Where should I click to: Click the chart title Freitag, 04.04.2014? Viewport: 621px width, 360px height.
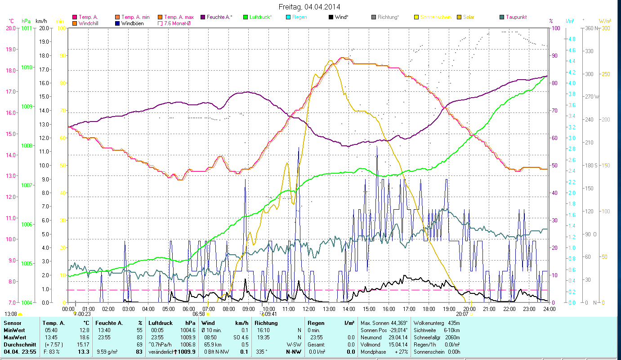pyautogui.click(x=309, y=7)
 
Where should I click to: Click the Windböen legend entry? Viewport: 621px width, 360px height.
pyautogui.click(x=133, y=23)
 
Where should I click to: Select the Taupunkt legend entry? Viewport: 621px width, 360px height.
pyautogui.click(x=516, y=17)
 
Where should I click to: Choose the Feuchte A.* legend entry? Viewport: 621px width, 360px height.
pyautogui.click(x=219, y=17)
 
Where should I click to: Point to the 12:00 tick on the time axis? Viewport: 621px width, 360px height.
pyautogui.click(x=309, y=309)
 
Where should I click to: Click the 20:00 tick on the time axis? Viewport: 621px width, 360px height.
pyautogui.click(x=469, y=309)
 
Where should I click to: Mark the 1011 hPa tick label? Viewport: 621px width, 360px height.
pyautogui.click(x=27, y=28)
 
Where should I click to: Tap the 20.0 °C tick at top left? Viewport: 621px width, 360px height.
pyautogui.click(x=10, y=28)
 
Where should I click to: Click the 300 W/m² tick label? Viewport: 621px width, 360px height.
pyautogui.click(x=605, y=28)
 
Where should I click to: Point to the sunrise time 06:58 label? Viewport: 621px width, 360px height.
pyautogui.click(x=199, y=314)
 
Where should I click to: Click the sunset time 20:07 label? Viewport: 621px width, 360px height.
pyautogui.click(x=462, y=314)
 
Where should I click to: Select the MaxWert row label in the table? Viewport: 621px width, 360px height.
pyautogui.click(x=14, y=337)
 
